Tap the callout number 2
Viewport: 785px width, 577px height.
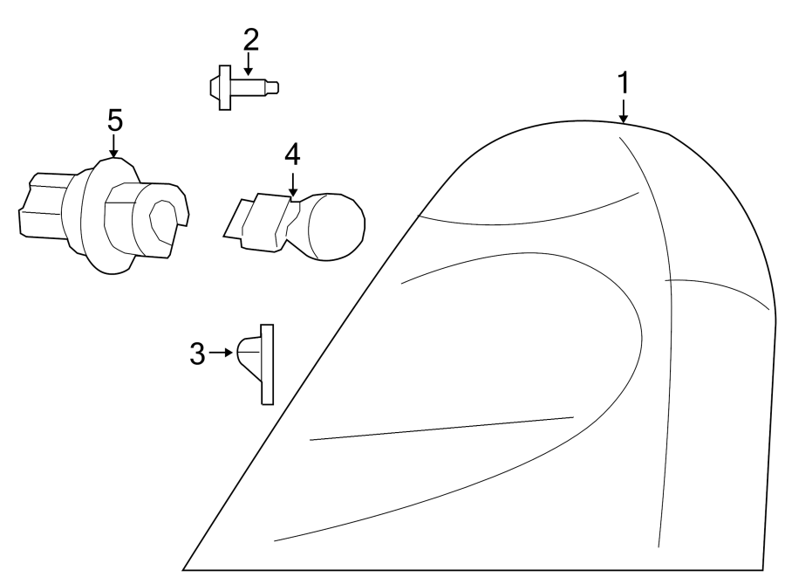coord(250,39)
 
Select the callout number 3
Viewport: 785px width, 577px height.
coord(197,354)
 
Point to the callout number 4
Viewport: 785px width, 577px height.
coord(292,155)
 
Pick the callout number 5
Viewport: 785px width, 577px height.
coord(115,120)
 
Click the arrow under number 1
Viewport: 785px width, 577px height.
coord(623,111)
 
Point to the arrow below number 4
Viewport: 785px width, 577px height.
coord(292,184)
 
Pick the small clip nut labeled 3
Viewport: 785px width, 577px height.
coord(256,361)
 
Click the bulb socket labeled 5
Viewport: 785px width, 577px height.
coord(105,215)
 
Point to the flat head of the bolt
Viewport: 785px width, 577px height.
coord(223,87)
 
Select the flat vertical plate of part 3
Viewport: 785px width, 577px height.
coord(267,364)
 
